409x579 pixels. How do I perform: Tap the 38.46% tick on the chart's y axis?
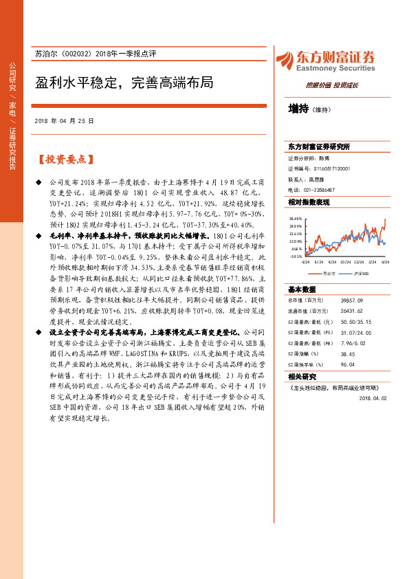coord(296,218)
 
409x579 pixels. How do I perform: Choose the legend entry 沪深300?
coord(363,273)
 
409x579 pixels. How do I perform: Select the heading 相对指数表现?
coord(309,202)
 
